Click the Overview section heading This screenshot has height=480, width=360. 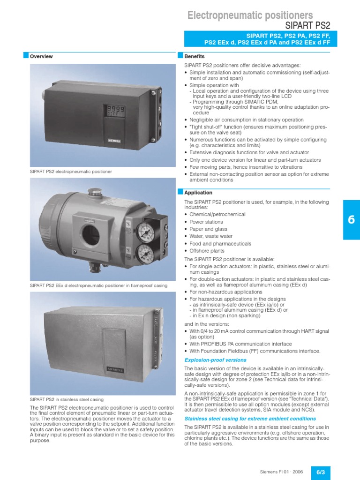click(x=41, y=57)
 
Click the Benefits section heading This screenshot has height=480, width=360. click(x=195, y=56)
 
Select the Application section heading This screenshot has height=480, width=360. click(x=198, y=193)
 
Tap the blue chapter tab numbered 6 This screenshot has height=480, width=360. click(x=351, y=220)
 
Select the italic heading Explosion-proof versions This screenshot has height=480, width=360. click(x=215, y=360)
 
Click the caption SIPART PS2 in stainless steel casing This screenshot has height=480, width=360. click(x=67, y=399)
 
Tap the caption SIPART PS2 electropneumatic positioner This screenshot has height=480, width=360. click(x=71, y=172)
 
